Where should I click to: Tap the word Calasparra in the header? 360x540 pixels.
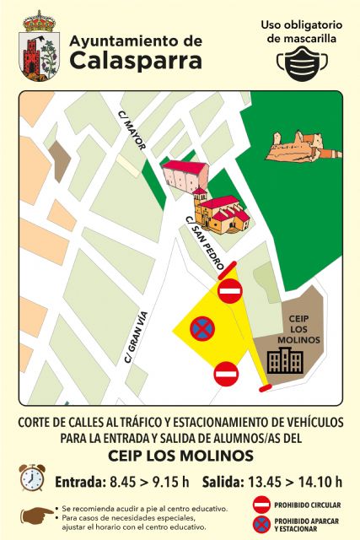point(136,61)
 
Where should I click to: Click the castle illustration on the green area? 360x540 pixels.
point(294,147)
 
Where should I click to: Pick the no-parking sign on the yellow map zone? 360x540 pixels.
point(202,328)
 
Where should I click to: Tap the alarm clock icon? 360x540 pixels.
point(32,478)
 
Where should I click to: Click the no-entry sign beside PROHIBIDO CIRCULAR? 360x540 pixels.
point(262,505)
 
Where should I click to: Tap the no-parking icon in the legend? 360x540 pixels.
point(262,525)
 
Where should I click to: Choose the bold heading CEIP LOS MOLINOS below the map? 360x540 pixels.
point(180,456)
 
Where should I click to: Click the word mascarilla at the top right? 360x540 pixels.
point(304,38)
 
